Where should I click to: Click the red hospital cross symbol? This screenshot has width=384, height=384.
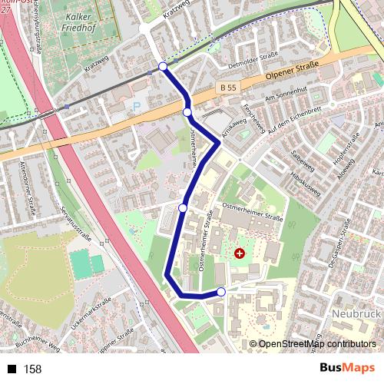tap(240, 252)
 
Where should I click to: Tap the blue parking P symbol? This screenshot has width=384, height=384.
tap(137, 106)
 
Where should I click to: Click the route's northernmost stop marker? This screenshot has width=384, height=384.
tap(163, 67)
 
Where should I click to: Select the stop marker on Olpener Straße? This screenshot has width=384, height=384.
tap(187, 113)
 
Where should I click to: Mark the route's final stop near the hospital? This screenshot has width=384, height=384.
tap(221, 292)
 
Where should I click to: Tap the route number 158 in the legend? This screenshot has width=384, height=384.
tap(33, 369)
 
